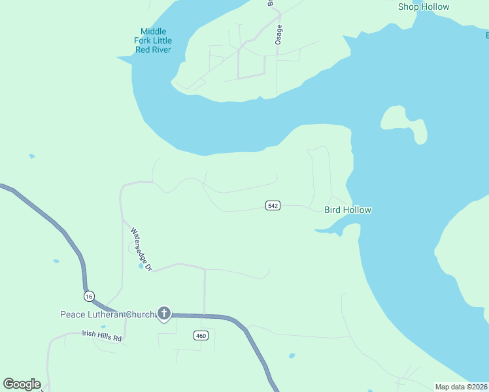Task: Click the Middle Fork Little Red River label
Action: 153,41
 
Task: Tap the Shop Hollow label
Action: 424,7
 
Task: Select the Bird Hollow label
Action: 348,210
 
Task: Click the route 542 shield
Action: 273,206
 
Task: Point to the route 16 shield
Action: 90,296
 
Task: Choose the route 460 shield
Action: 201,336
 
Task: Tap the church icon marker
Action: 164,314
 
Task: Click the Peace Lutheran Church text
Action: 107,314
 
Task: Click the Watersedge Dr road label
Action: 141,249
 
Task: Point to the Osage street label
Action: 279,34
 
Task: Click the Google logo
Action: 22,384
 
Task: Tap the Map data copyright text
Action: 461,387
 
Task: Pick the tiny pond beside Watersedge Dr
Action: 141,266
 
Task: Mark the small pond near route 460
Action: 292,356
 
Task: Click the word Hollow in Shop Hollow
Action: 435,7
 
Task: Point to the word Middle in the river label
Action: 153,31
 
